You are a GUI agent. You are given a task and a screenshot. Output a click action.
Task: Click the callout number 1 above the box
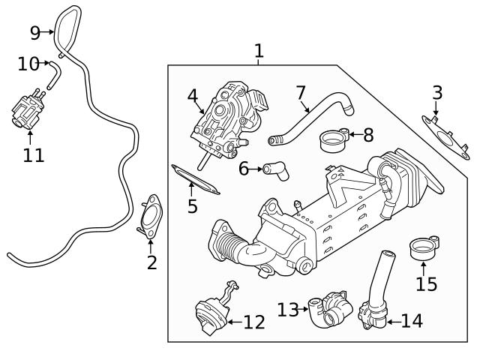(x=259, y=51)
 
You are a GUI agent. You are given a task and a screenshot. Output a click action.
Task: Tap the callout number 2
(x=151, y=262)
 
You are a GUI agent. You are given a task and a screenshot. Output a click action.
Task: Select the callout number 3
(x=437, y=93)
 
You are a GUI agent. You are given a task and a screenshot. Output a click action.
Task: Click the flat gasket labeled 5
(x=196, y=179)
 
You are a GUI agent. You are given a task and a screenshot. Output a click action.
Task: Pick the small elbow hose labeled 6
(x=274, y=171)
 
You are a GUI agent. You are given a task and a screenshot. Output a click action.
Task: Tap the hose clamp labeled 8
(x=332, y=138)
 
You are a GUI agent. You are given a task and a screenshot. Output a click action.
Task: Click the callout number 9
(x=34, y=32)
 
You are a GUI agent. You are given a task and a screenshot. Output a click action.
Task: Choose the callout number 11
(x=33, y=155)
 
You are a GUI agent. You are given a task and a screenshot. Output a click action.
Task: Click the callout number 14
(x=412, y=321)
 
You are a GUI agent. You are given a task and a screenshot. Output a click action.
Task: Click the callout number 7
(x=301, y=93)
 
